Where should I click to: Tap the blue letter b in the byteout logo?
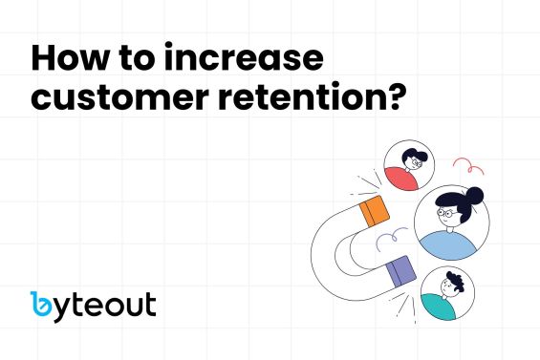(43, 305)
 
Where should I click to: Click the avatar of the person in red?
(409, 168)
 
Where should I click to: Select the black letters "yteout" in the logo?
(107, 306)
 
